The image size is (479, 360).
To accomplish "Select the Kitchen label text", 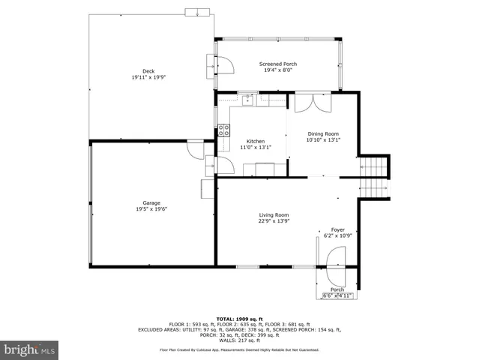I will point(255,141).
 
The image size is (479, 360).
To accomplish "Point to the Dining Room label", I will point(323,133).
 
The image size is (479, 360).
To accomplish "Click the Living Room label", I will point(273,215).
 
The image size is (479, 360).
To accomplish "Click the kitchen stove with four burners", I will point(223,133).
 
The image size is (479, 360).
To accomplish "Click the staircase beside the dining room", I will point(375,177).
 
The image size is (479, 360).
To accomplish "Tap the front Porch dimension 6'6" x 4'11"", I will point(337,295).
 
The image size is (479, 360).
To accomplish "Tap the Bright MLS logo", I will point(30,349).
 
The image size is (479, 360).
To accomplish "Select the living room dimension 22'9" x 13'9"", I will point(273,222).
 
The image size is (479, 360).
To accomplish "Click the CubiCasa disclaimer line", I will point(239,350).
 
